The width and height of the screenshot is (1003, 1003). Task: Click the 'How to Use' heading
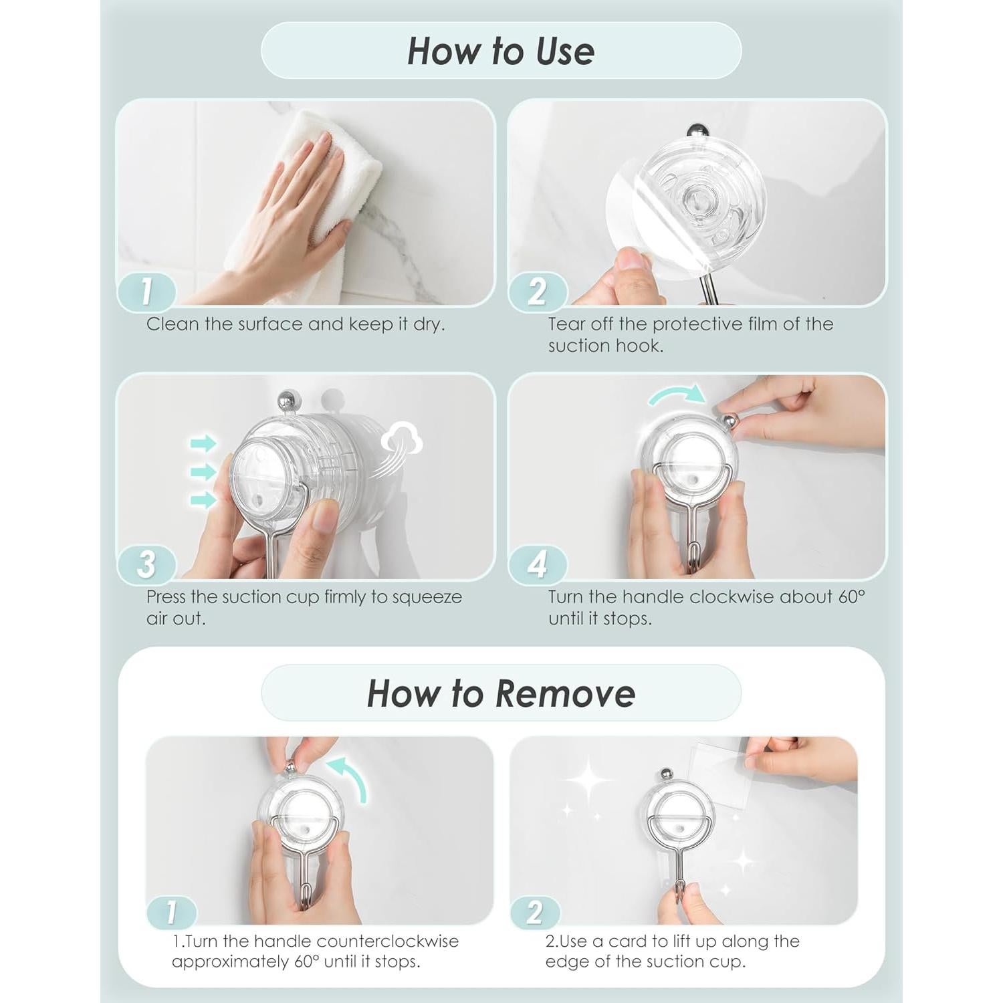[501, 51]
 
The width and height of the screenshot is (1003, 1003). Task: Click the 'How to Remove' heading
[501, 693]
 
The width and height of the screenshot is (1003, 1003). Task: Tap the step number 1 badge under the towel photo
[146, 291]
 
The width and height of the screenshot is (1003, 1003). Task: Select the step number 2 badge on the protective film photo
[538, 291]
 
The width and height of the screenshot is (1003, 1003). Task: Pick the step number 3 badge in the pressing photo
[146, 564]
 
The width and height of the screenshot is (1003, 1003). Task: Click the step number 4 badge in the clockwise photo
[538, 564]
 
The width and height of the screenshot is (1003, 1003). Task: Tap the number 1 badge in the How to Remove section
[171, 912]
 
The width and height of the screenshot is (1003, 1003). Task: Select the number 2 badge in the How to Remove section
[535, 912]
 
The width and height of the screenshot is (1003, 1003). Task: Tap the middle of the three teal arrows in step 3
[203, 471]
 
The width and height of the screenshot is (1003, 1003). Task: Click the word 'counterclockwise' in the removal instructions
[386, 941]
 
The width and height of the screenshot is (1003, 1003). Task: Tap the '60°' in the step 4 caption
[852, 596]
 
